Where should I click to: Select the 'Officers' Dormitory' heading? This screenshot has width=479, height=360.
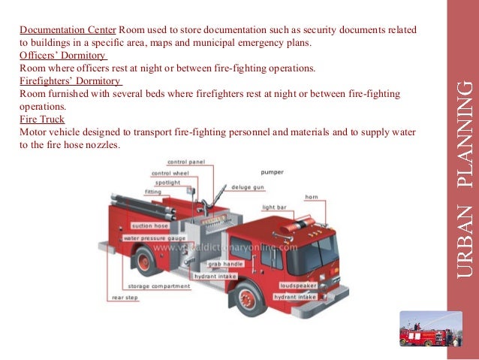pos(62,55)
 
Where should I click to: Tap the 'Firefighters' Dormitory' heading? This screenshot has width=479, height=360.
pos(71,81)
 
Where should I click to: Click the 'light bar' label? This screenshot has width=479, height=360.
pos(274,207)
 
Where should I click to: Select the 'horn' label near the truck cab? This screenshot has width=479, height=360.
pos(312,197)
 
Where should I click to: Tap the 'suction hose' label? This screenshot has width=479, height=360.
pos(149,225)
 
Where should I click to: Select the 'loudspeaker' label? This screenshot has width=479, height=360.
pos(298,286)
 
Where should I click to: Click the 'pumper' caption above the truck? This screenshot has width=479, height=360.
pos(272,171)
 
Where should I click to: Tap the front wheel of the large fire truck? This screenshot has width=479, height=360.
pos(249,298)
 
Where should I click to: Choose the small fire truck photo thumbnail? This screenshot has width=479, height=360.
pos(430,329)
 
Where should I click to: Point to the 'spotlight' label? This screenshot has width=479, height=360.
pos(167,182)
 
